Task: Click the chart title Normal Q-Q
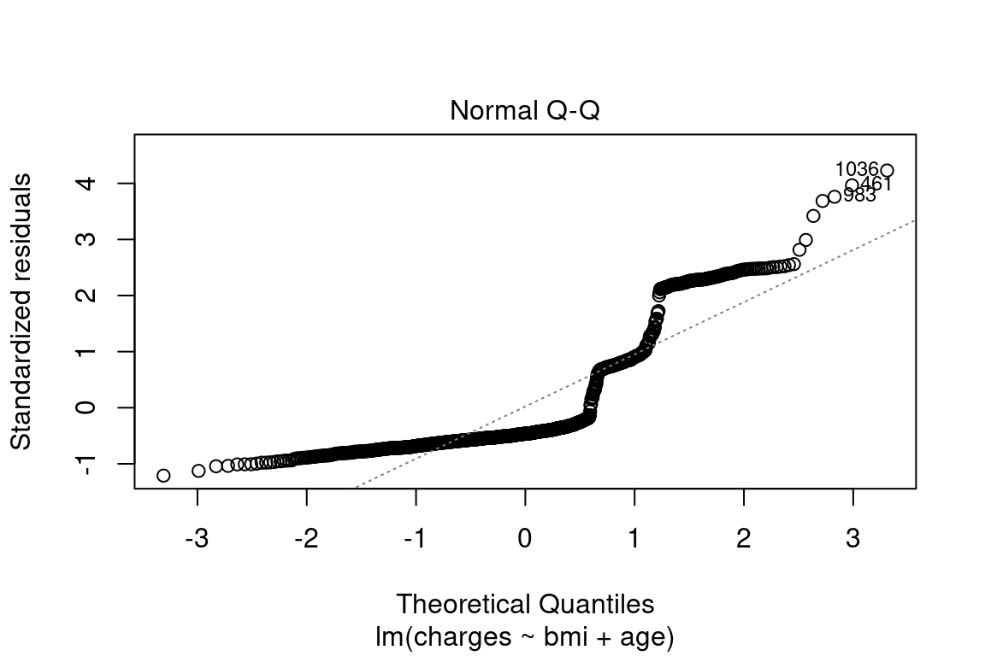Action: point(525,111)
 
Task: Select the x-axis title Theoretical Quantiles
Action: point(525,604)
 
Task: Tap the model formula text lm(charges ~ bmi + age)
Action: point(525,636)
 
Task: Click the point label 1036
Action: point(856,169)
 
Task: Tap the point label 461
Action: point(876,184)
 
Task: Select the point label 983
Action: point(859,196)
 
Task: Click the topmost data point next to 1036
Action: point(887,171)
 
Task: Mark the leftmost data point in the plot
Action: point(163,475)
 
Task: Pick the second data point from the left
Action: point(198,471)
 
